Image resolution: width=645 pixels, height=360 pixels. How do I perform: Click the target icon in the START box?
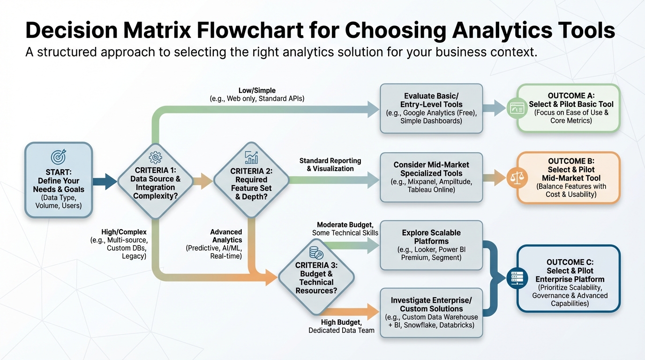pos(59,157)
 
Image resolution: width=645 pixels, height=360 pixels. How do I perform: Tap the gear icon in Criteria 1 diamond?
pos(155,157)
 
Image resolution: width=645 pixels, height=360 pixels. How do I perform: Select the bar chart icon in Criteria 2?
pos(251,157)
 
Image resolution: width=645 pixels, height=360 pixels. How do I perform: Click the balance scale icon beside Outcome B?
pos(517,178)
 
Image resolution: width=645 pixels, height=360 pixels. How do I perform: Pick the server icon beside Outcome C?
pos(517,278)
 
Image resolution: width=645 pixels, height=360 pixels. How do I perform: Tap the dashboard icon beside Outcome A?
pos(517,109)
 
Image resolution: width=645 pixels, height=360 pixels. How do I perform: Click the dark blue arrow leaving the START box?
pos(105,181)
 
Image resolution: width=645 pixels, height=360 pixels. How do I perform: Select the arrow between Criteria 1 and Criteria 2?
pos(203,181)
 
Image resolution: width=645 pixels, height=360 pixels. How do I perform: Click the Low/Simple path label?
pos(257,90)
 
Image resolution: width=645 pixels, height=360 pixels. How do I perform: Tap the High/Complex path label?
pos(124,232)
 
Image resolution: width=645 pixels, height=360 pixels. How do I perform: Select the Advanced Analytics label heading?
pos(226,236)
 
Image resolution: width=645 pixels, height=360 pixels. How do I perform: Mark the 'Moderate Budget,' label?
pos(345,225)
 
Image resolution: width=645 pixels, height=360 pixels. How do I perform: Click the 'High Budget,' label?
pos(341,322)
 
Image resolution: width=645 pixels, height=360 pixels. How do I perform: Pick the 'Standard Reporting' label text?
pos(330,161)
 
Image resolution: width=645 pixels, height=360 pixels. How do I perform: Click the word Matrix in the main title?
pos(157,30)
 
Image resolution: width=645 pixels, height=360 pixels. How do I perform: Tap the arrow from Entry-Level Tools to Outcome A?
pos(494,108)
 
